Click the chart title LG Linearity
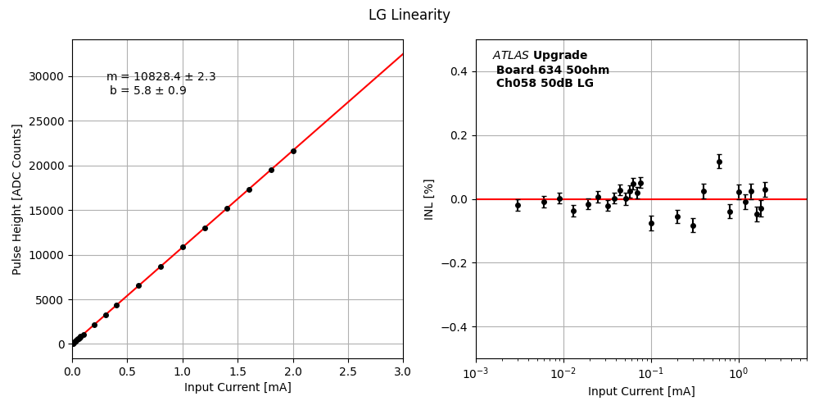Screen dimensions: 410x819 [x=409, y=15]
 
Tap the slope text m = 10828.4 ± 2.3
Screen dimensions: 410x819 [x=161, y=77]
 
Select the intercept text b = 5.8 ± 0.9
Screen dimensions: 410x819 [x=148, y=91]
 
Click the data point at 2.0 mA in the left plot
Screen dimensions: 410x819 [x=293, y=151]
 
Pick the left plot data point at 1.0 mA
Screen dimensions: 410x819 [x=183, y=247]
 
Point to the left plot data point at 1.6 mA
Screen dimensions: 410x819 [x=249, y=189]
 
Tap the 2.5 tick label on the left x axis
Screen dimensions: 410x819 [x=348, y=372]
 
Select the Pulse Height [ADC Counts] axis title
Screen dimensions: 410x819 [x=17, y=199]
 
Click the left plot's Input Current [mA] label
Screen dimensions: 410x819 [x=238, y=387]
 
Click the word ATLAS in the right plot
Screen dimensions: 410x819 [x=510, y=56]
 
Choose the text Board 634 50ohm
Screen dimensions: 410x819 [x=553, y=70]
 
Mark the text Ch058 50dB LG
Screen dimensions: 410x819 [x=545, y=84]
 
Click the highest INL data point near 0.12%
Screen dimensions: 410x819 [x=719, y=162]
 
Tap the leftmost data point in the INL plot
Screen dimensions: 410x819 [x=518, y=206]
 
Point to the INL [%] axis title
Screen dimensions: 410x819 [x=429, y=199]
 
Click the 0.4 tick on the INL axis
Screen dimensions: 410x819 [x=458, y=71]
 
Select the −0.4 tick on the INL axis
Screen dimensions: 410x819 [x=455, y=327]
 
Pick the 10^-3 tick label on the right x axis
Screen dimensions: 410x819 [x=476, y=374]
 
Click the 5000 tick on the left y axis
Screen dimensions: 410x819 [x=51, y=299]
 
